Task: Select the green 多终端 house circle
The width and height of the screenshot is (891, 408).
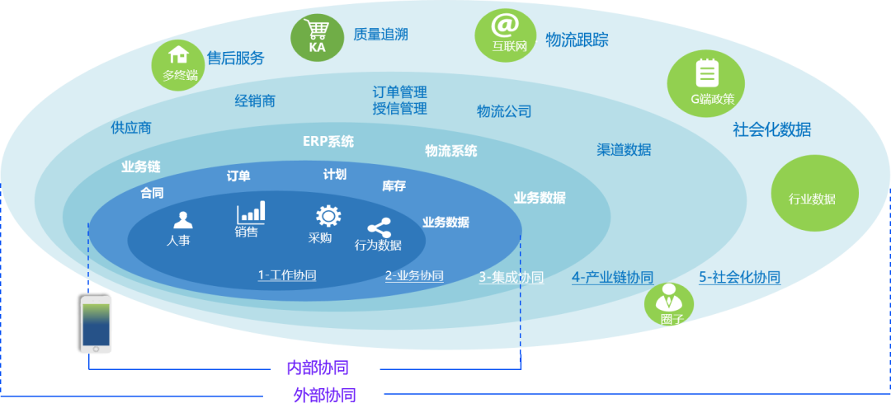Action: click(178, 64)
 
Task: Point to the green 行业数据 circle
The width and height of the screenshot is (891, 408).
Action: click(815, 195)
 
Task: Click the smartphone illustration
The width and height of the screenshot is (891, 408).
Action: click(96, 324)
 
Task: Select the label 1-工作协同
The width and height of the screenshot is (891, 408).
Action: click(287, 275)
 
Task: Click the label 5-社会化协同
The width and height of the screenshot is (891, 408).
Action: click(739, 278)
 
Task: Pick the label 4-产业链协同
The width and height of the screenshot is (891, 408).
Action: click(612, 278)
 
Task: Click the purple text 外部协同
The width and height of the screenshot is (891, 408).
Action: click(325, 395)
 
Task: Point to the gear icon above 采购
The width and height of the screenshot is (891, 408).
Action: click(328, 216)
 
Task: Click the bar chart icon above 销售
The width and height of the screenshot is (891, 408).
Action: click(251, 212)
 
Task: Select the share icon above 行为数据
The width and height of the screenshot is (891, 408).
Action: click(379, 227)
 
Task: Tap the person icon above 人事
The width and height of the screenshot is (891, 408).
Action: click(182, 220)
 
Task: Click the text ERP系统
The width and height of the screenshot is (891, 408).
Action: click(328, 141)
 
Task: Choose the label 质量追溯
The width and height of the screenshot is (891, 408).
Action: click(380, 35)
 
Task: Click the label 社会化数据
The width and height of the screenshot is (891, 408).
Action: click(771, 129)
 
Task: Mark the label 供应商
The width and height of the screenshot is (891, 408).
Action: click(131, 128)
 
